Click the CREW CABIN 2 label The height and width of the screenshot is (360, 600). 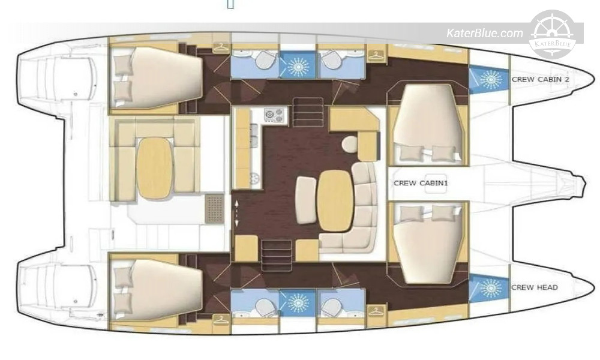pyautogui.click(x=541, y=79)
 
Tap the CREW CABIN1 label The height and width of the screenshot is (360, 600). pyautogui.click(x=421, y=183)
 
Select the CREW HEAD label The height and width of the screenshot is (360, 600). pyautogui.click(x=534, y=287)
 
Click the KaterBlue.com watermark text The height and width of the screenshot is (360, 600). pyautogui.click(x=484, y=33)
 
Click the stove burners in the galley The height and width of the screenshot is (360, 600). pyautogui.click(x=275, y=115)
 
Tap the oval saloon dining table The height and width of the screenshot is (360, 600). pyautogui.click(x=335, y=200)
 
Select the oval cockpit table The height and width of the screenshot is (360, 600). pyautogui.click(x=154, y=168)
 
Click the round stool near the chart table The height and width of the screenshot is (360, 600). pyautogui.click(x=350, y=144)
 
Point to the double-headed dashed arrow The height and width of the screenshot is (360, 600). pyautogui.click(x=236, y=212)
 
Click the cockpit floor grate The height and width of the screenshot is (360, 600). pyautogui.click(x=214, y=209)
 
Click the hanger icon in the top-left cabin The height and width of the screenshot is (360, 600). pyautogui.click(x=221, y=47)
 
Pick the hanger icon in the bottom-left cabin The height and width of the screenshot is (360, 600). pyautogui.click(x=221, y=319)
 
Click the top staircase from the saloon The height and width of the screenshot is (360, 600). pyautogui.click(x=308, y=112)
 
